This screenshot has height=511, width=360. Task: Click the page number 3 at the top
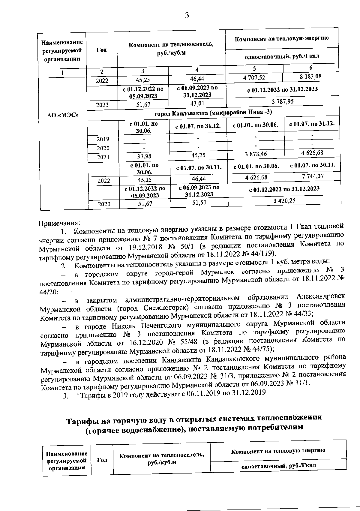[x=187, y=15]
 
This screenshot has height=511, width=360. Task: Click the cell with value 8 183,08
[x=311, y=77]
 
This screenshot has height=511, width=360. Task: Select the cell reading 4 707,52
[x=254, y=77]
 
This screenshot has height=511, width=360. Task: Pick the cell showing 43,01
[x=197, y=104]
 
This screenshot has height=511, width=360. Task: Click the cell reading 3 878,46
[x=256, y=154]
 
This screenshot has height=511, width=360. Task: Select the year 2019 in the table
[x=103, y=139]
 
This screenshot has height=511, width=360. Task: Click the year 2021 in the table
[x=103, y=157]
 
